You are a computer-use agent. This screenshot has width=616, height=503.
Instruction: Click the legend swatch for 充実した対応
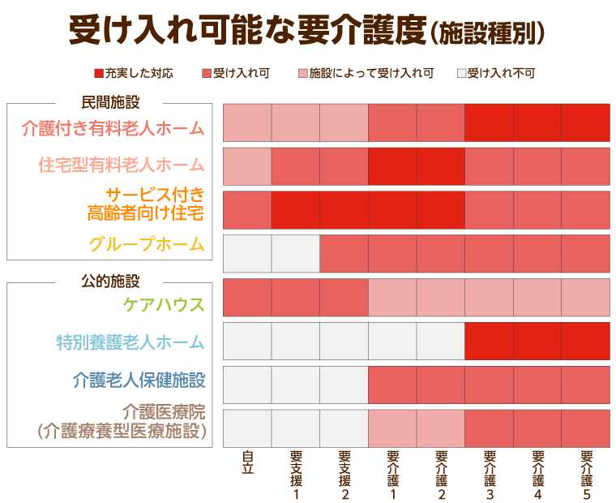pos(99,74)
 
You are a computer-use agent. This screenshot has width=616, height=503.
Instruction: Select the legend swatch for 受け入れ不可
pos(461,74)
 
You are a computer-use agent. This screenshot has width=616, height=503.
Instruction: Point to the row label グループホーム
pos(147,244)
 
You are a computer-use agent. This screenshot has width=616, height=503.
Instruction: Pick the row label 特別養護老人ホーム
pos(130,342)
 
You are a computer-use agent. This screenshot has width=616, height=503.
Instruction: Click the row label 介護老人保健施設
pos(139,380)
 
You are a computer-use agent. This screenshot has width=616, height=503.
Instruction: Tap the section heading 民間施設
pos(111,102)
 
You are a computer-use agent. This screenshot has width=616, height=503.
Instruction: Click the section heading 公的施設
pos(111,282)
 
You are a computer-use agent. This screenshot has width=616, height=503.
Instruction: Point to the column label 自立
pos(247,462)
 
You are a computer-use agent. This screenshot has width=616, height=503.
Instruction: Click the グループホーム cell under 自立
pos(247,253)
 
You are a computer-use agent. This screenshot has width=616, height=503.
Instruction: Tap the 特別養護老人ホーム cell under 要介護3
pos(489,341)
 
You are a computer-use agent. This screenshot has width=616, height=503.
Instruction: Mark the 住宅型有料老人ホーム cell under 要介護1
pos(392,166)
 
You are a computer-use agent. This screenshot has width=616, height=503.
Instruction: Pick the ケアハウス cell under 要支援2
pos(344,297)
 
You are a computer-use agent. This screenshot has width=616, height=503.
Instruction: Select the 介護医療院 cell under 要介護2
pos(441,428)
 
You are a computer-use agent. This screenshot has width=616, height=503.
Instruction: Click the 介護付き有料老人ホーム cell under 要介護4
pos(537,122)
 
